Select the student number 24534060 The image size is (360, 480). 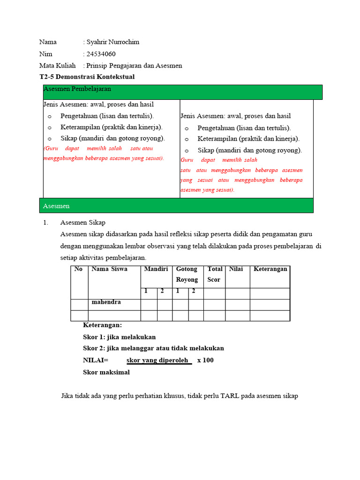tap(101, 54)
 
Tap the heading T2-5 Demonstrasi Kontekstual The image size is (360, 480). tap(87, 77)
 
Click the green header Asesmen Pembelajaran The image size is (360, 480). tap(77, 89)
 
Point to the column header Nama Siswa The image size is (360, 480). tap(109, 269)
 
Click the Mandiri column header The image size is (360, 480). tap(156, 269)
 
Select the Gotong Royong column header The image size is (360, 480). tap(187, 274)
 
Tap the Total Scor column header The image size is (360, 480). tap(214, 274)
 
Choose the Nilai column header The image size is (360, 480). tap(236, 269)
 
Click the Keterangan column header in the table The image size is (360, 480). tap(270, 269)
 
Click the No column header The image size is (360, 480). tap(78, 269)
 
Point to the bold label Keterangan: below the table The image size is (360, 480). tap(102, 325)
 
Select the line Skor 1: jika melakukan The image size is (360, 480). tap(119, 337)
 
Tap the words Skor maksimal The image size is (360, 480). tap(106, 372)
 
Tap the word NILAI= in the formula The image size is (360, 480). tap(96, 360)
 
